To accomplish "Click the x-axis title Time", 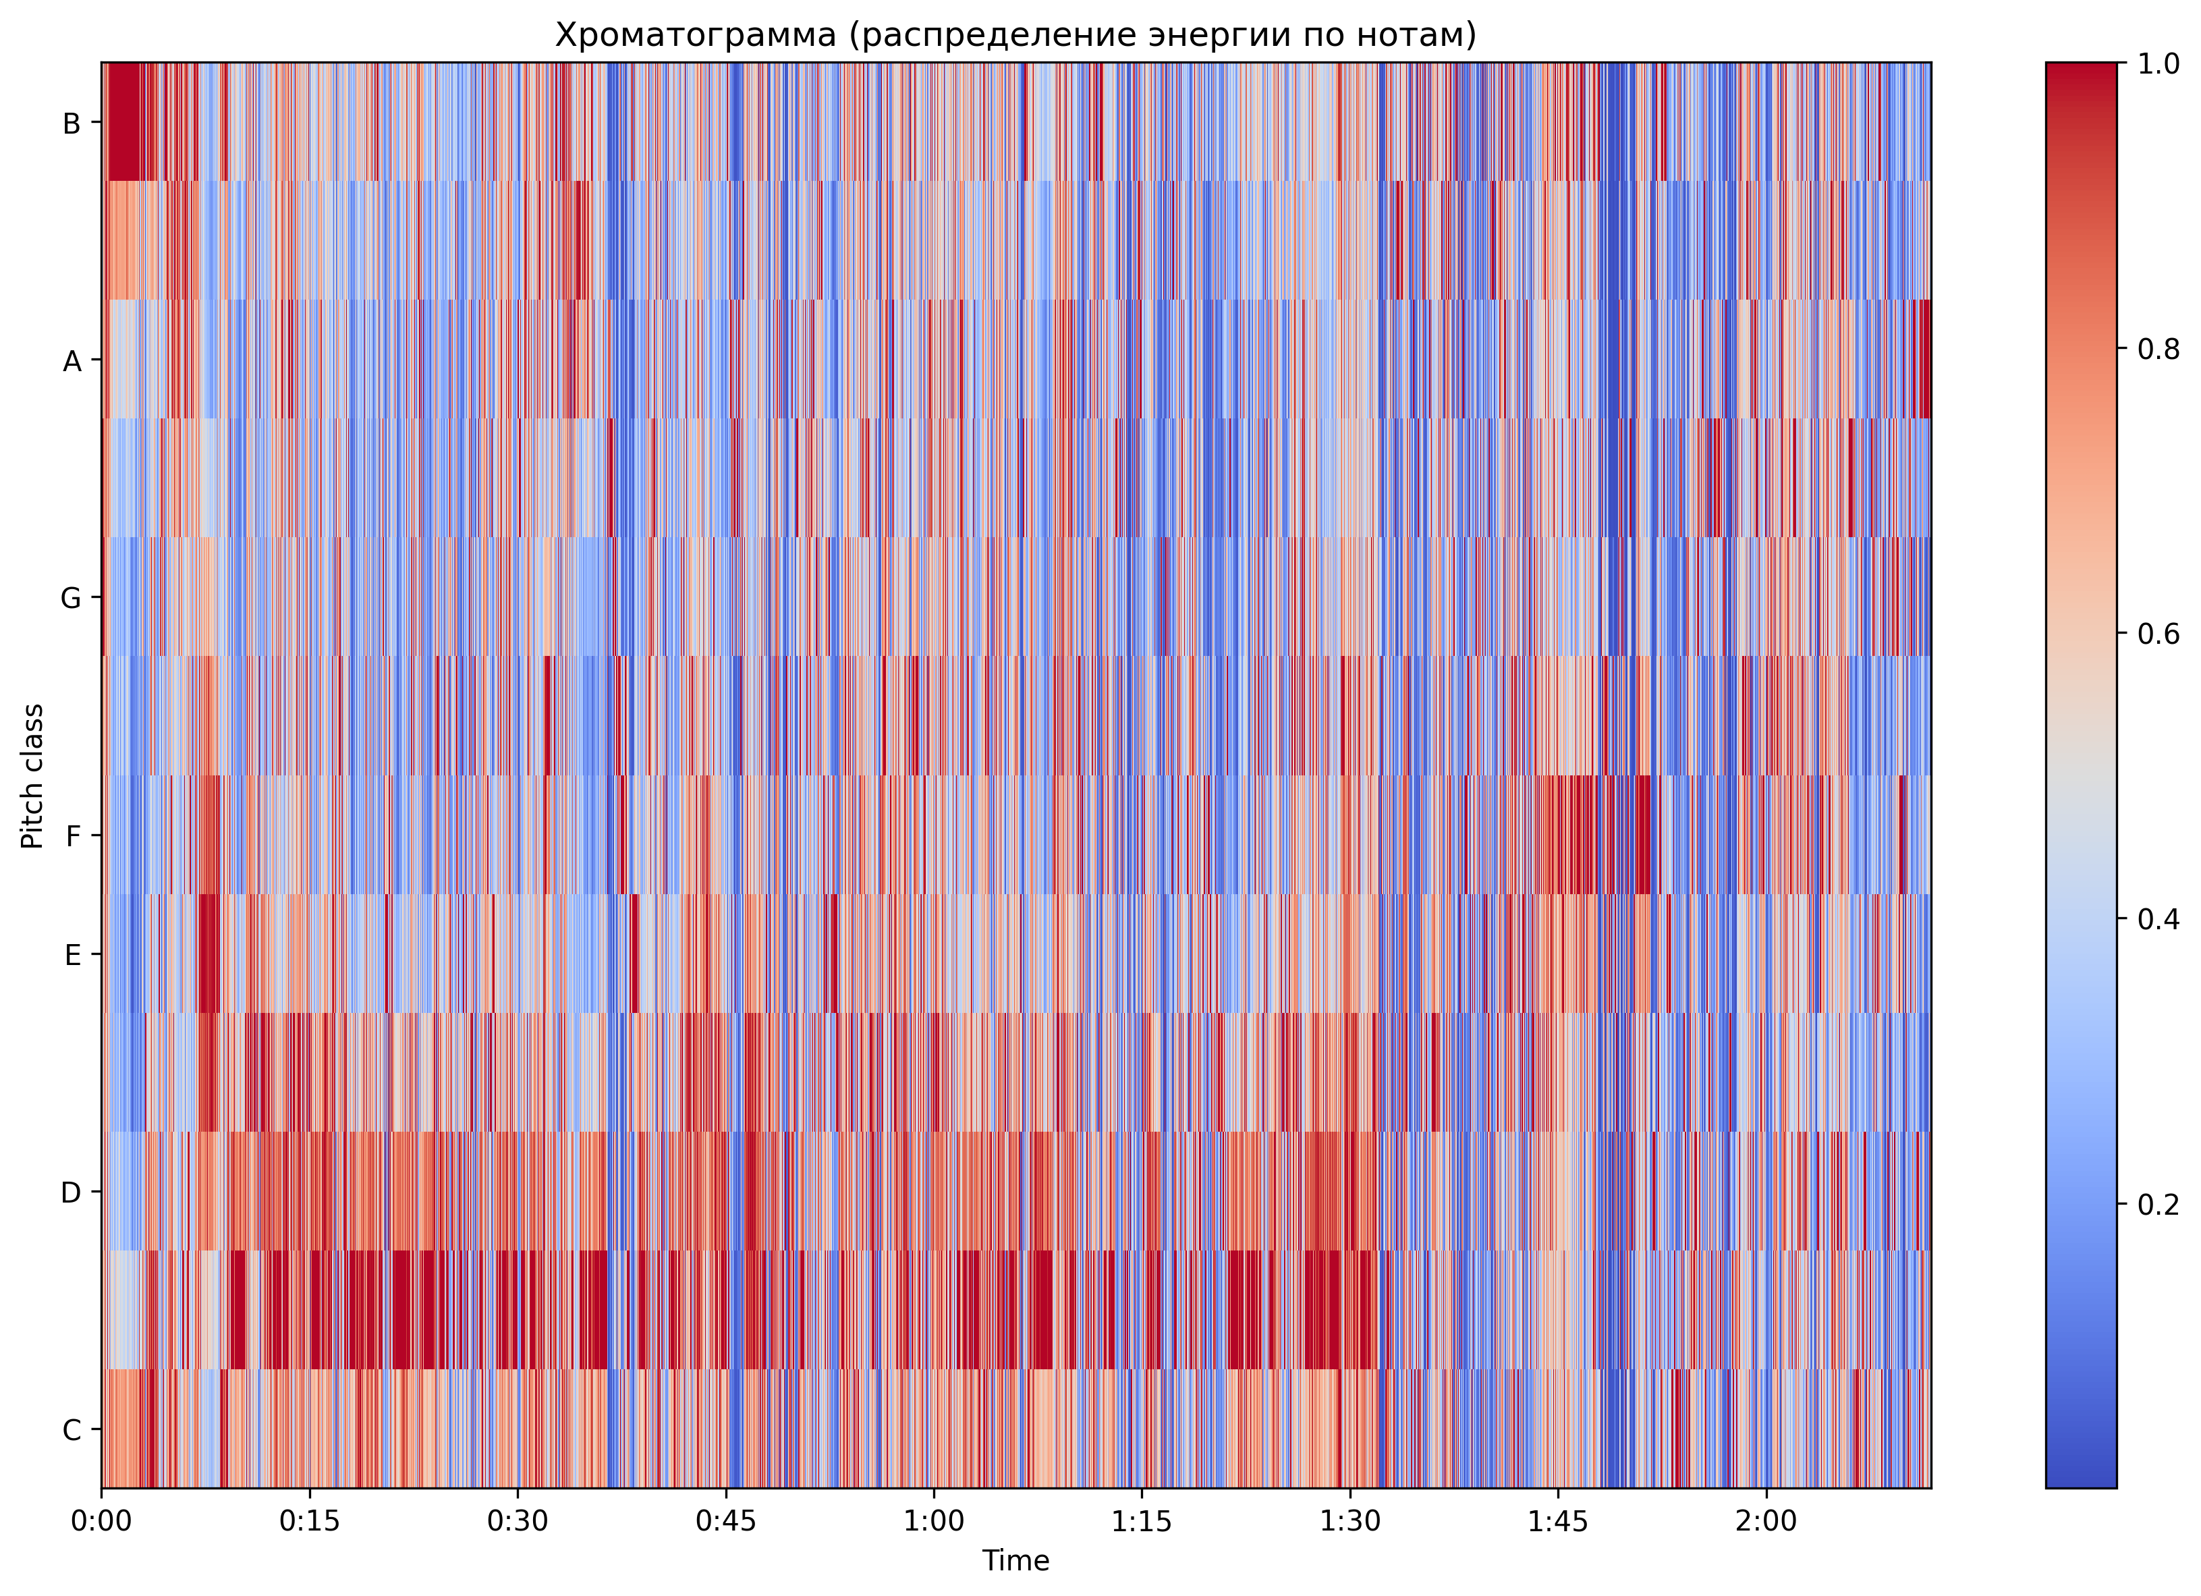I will pos(1015,1561).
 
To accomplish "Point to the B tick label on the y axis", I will pos(71,123).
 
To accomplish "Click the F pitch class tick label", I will pos(72,836).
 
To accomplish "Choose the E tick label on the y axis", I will pos(72,956).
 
